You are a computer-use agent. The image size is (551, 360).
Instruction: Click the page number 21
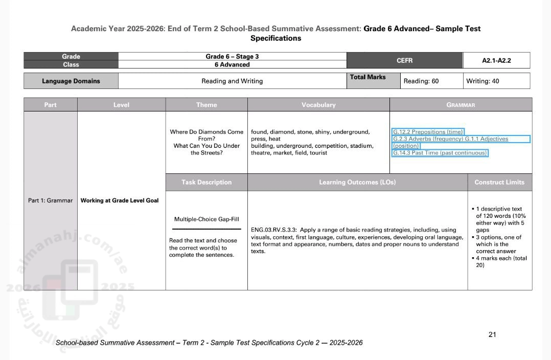(x=492, y=334)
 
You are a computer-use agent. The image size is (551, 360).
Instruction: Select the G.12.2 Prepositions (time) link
(x=428, y=132)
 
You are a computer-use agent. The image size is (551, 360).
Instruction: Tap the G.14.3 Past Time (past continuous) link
(x=440, y=153)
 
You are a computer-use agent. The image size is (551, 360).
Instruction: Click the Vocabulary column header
(x=318, y=105)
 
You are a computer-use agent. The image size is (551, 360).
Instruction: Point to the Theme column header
(x=206, y=105)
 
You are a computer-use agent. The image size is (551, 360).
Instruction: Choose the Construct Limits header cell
(x=499, y=182)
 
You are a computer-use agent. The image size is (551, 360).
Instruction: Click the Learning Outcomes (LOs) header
(x=357, y=182)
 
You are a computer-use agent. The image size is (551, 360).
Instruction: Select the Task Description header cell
(x=206, y=182)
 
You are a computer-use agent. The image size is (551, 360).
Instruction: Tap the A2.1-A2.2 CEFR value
(x=496, y=60)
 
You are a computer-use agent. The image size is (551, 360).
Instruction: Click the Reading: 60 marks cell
(x=421, y=81)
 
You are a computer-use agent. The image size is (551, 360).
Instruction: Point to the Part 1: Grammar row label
(x=50, y=200)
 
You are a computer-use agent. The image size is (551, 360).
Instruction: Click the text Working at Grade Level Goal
(x=120, y=200)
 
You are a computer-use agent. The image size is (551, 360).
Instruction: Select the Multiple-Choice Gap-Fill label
(x=206, y=219)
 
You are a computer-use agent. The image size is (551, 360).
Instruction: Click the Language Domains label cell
(x=71, y=81)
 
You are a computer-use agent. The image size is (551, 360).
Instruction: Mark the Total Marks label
(x=368, y=77)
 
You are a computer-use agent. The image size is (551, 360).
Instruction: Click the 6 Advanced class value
(x=232, y=64)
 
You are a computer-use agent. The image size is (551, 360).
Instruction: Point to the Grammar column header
(x=461, y=105)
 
